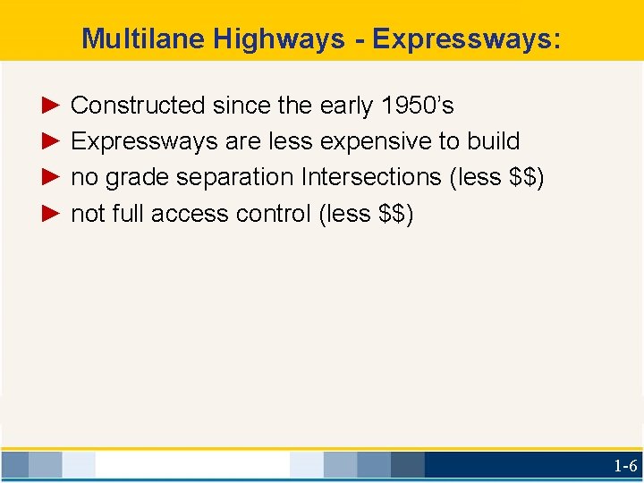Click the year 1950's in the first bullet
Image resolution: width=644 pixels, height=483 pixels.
[x=418, y=106]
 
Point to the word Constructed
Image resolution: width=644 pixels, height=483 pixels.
[x=138, y=106]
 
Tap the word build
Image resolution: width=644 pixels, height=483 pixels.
[x=493, y=141]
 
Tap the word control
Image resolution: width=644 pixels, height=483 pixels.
[x=274, y=214]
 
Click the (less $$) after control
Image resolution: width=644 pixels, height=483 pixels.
[x=366, y=214]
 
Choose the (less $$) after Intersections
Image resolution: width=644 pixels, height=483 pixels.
[x=496, y=177]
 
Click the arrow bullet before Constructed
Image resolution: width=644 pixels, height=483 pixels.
[x=50, y=106]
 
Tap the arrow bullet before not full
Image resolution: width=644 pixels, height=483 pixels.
[x=50, y=214]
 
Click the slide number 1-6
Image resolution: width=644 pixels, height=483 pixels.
[x=624, y=465]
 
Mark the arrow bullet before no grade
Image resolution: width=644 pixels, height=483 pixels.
[x=50, y=177]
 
